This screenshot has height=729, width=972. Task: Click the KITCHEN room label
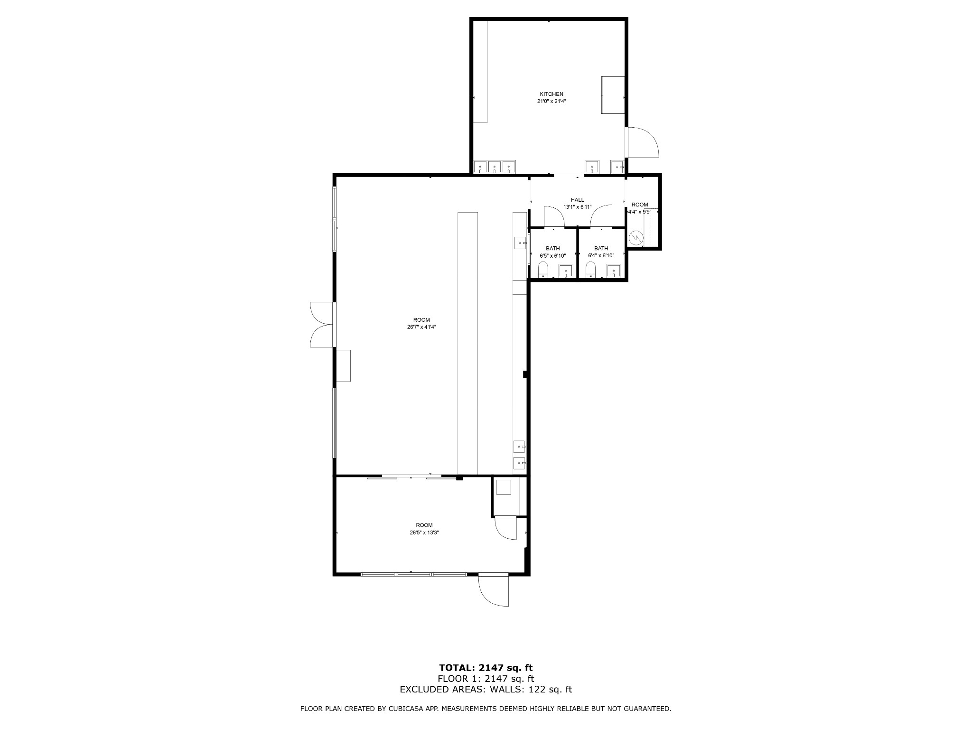click(551, 94)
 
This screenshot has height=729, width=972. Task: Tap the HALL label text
click(577, 200)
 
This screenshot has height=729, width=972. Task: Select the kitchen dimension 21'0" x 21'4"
click(551, 101)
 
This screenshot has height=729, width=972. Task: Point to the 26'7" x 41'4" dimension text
click(421, 327)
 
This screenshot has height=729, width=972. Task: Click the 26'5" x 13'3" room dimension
click(424, 533)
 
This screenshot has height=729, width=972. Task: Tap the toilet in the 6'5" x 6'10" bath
click(543, 270)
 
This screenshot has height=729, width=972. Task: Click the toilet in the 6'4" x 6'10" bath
click(590, 270)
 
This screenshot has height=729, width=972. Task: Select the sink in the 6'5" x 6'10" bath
click(566, 271)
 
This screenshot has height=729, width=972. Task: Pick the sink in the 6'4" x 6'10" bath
click(614, 271)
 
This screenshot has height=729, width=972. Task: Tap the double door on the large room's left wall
click(323, 325)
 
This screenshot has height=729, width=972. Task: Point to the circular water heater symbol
click(635, 237)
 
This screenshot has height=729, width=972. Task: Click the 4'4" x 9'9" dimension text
click(639, 212)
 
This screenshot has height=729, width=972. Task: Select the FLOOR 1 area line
click(486, 679)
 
